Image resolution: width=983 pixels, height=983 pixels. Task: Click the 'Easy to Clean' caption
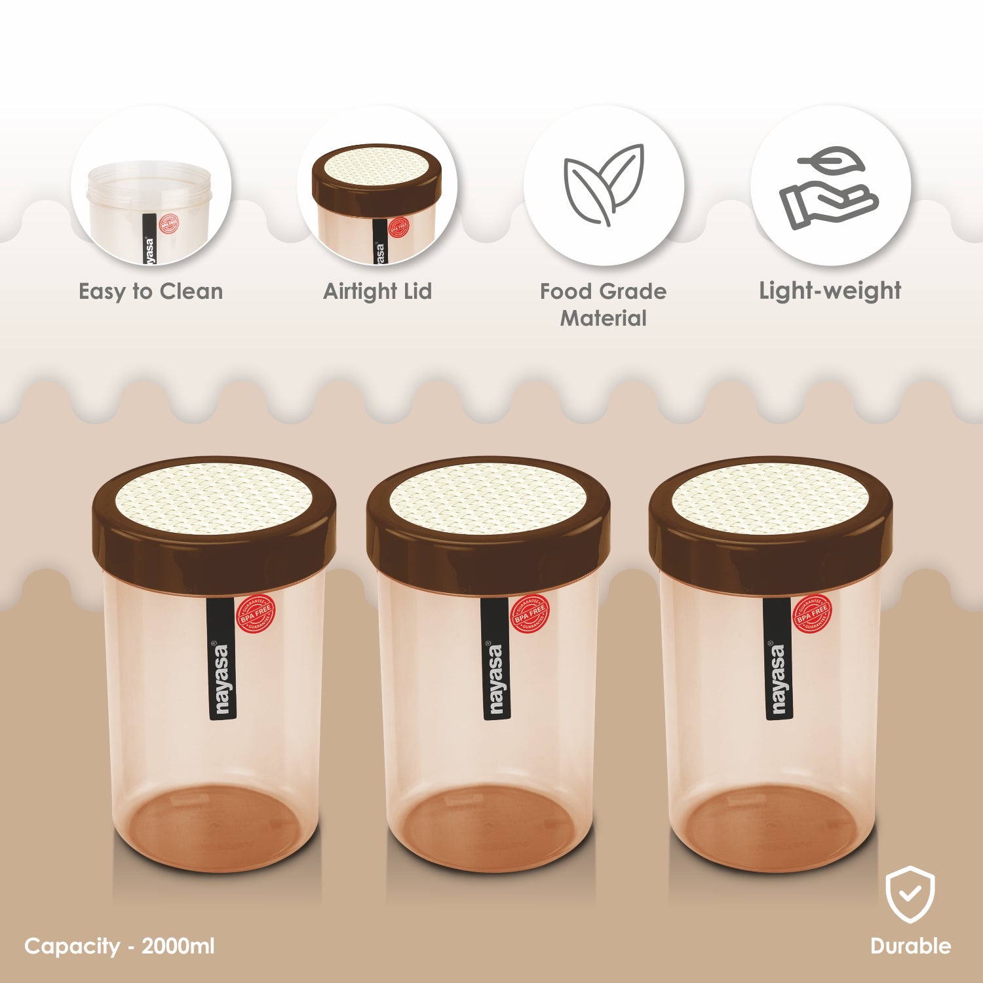(x=151, y=291)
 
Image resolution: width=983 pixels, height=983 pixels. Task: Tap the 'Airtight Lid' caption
(x=377, y=291)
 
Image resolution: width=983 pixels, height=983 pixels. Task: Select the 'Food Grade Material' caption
(x=603, y=304)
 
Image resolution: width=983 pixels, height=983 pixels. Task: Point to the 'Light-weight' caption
(x=830, y=290)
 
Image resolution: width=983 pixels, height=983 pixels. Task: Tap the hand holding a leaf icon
(x=829, y=187)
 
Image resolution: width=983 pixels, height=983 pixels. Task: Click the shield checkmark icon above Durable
(x=910, y=894)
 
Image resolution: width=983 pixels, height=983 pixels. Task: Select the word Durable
(x=910, y=946)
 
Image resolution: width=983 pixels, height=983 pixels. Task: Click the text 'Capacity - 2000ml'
(x=119, y=946)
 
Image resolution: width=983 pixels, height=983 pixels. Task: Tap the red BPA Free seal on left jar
(x=255, y=615)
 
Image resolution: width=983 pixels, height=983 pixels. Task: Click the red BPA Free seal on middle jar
(x=530, y=615)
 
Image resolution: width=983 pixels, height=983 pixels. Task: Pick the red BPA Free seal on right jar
(x=812, y=615)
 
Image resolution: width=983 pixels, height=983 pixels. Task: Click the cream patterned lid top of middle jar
(x=488, y=498)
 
